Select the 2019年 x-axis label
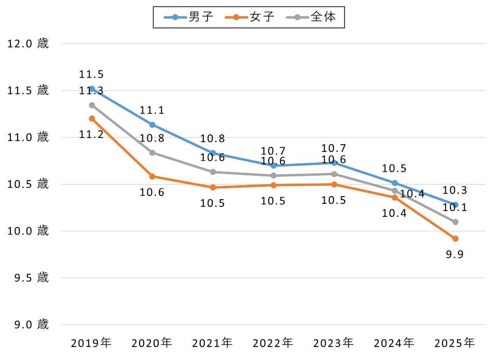91,343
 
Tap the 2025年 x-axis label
455,343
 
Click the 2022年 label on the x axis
273,343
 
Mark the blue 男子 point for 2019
92,89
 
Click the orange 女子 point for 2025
455,239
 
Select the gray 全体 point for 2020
153,153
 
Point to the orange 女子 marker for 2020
153,176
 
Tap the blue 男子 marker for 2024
395,183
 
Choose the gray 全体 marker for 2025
455,222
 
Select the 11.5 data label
91,75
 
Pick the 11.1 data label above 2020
152,110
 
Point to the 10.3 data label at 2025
454,191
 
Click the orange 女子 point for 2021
213,187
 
